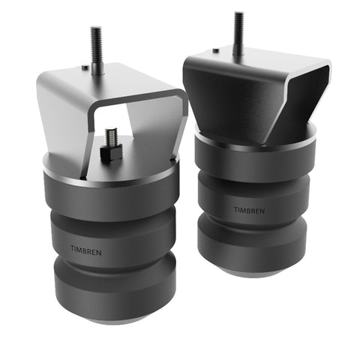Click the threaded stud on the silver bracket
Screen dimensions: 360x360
pos(97,49)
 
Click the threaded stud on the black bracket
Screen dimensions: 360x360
pos(238,34)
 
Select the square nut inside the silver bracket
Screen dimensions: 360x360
pos(111,152)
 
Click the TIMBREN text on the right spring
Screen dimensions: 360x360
pos(248,211)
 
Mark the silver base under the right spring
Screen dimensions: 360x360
pos(247,273)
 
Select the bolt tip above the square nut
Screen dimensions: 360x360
pos(111,135)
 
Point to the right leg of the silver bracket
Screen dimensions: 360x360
pos(169,131)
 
